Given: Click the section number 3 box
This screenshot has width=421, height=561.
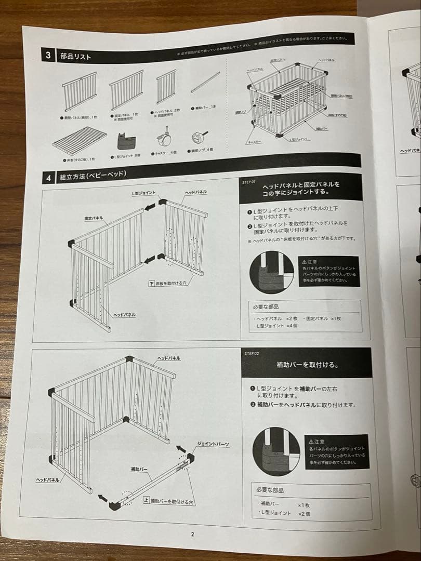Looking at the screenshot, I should (48, 55).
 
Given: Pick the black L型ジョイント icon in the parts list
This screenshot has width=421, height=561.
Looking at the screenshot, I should (126, 141).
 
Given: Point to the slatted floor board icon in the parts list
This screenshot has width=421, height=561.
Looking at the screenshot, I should (78, 140).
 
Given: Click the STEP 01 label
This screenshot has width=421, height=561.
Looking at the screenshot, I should (249, 182).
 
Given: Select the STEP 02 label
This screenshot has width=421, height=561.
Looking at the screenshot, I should (252, 353).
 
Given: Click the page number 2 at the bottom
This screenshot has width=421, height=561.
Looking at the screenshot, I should (192, 533).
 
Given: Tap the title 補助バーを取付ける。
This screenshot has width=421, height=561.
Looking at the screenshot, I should (307, 365).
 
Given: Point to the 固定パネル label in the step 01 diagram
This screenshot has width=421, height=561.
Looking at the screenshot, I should (94, 219).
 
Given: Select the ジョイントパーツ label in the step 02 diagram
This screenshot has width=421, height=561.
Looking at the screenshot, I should (213, 444).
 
